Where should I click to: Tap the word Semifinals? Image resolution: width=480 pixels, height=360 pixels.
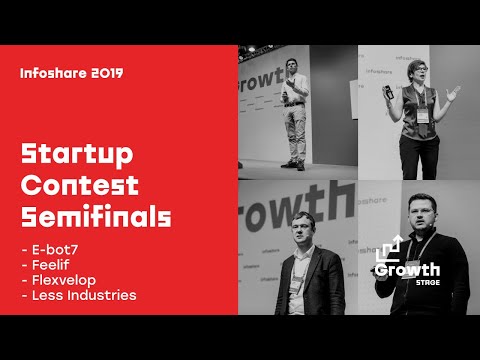[x=96, y=217]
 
